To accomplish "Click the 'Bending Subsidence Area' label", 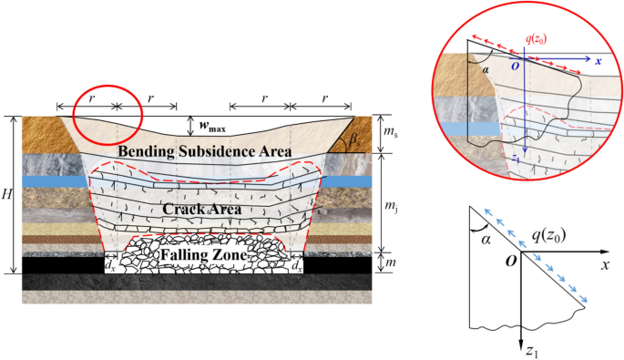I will click(204, 150).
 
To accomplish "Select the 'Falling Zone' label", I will click(206, 256).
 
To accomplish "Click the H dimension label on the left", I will click(8, 196).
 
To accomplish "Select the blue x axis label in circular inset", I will click(598, 62).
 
